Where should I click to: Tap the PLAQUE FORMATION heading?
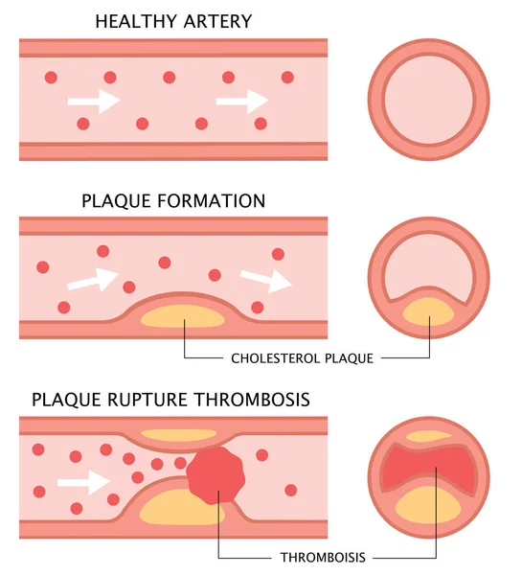point(172,201)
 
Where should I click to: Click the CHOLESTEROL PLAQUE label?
point(302,358)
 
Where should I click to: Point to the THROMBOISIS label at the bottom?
point(323,556)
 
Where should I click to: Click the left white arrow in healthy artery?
point(93,99)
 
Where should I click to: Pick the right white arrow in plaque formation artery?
point(267,280)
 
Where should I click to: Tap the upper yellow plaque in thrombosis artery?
point(178,434)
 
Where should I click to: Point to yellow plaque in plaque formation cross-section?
point(429,310)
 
